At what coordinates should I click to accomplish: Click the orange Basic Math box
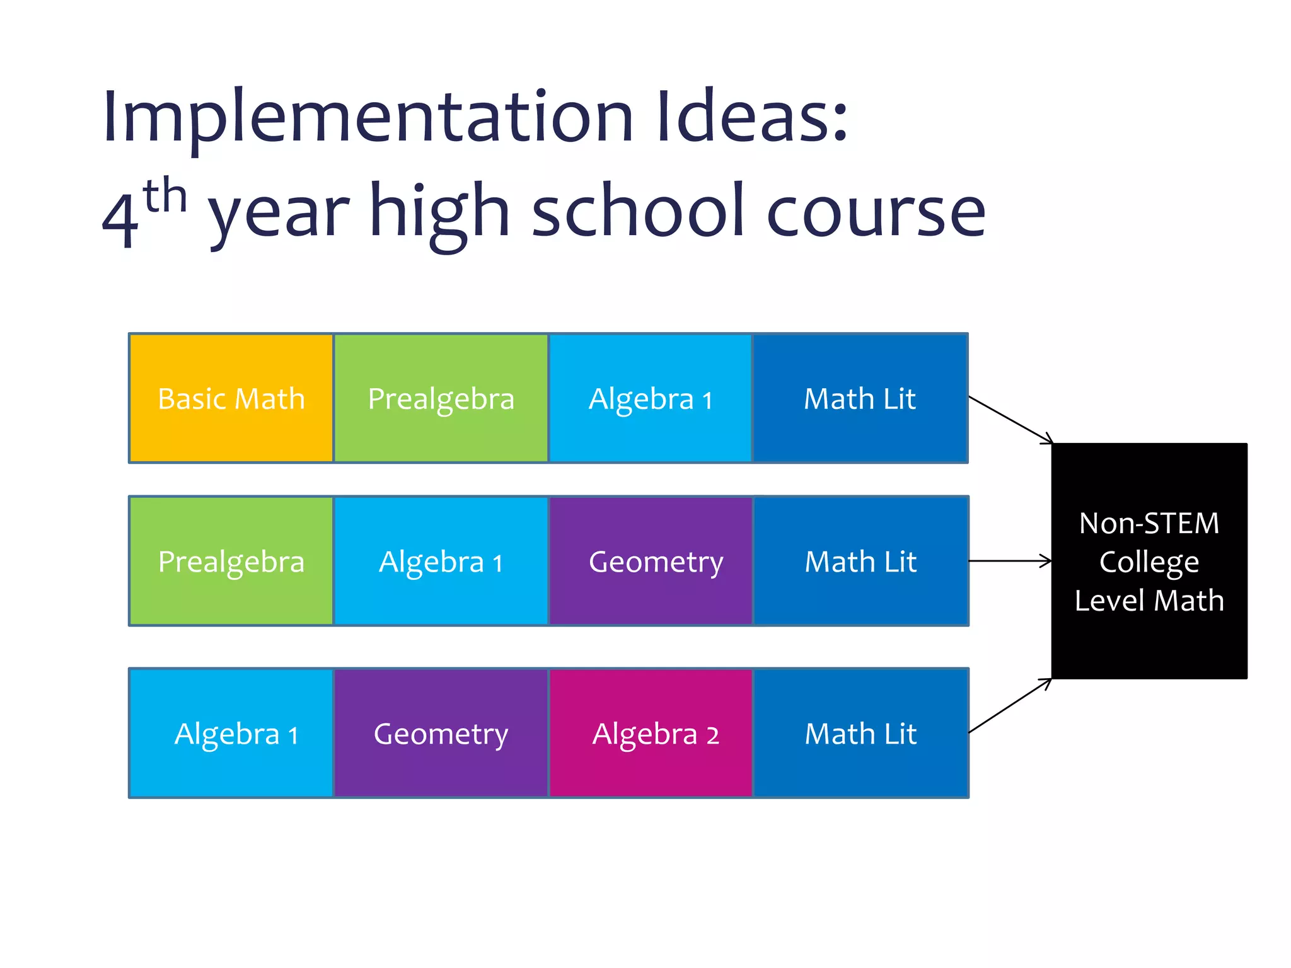(x=231, y=398)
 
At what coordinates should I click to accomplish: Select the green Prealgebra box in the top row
(x=441, y=398)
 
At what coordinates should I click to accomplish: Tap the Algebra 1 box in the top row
(x=650, y=398)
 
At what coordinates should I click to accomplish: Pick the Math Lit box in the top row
(x=860, y=398)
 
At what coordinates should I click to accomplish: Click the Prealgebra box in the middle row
(x=231, y=561)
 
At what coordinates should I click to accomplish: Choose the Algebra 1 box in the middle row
(x=441, y=561)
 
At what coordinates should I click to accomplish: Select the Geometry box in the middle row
(x=651, y=561)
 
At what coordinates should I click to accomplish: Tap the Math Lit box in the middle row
(x=860, y=561)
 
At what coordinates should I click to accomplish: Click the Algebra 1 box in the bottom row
(x=231, y=733)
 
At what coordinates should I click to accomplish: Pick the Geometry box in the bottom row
(x=441, y=733)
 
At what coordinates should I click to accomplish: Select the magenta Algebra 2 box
(x=651, y=733)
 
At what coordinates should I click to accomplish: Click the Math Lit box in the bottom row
(x=860, y=733)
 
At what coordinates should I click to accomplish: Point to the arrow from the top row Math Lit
(x=1010, y=420)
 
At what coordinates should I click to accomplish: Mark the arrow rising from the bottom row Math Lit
(x=1010, y=705)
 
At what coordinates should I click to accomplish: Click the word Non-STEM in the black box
(x=1149, y=523)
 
